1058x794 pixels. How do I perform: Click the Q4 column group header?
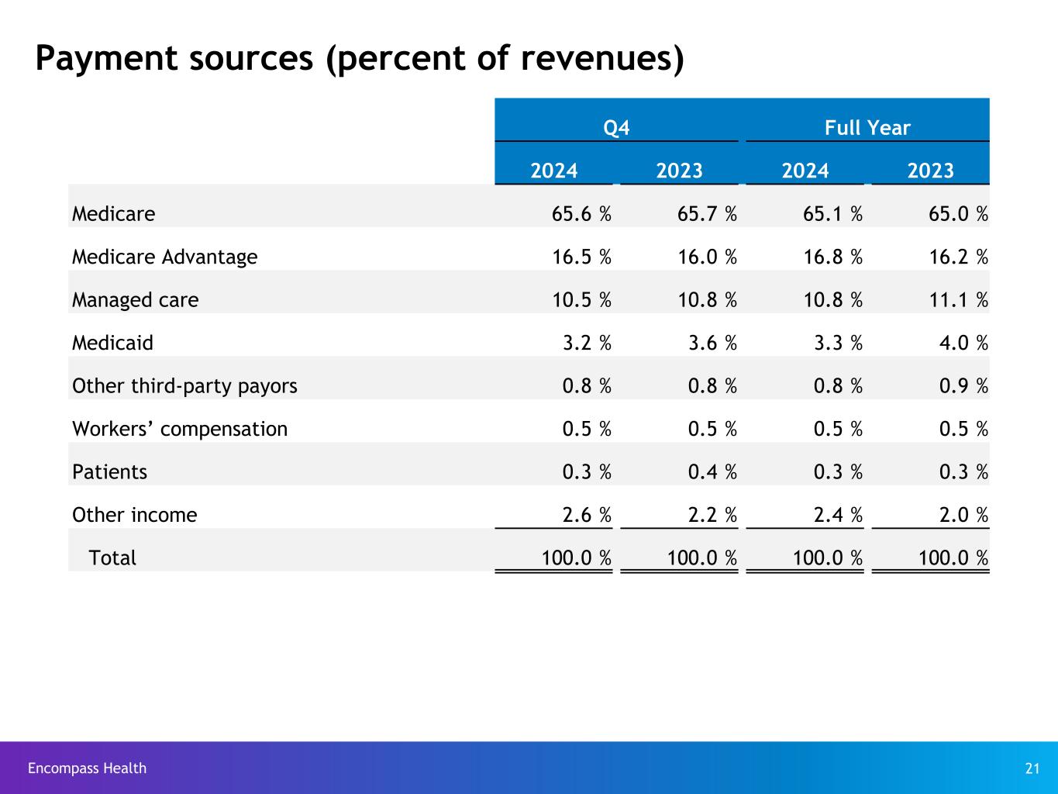pos(616,128)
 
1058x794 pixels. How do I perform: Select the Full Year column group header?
pos(867,128)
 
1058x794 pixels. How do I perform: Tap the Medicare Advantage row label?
pos(164,257)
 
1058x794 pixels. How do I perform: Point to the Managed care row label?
pos(135,300)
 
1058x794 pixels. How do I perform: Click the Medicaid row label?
pos(112,343)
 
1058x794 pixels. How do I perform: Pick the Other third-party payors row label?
pos(184,386)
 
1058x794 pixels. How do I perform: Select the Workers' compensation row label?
pos(179,429)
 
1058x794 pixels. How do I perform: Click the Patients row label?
pos(109,472)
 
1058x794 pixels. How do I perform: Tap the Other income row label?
pos(134,515)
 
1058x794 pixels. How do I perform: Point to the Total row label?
pos(112,558)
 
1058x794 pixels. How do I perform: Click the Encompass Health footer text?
pos(87,768)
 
